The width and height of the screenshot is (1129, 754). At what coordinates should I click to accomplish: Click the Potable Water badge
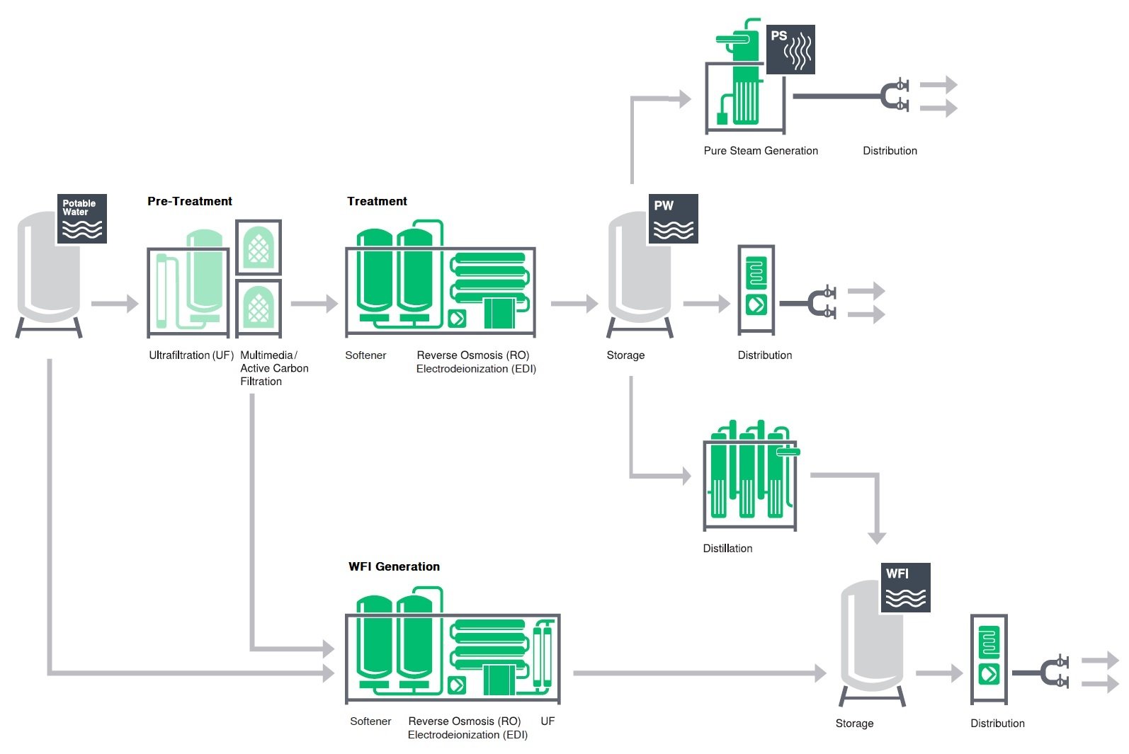pos(81,219)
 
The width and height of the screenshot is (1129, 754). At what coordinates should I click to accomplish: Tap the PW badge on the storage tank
pos(673,219)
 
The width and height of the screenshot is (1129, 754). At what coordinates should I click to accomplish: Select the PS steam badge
pos(791,50)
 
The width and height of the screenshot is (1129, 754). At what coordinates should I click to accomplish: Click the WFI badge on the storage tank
pos(905,588)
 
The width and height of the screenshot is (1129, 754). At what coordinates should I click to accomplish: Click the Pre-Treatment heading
pos(190,201)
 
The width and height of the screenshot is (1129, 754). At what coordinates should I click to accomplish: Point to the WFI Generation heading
pos(394,566)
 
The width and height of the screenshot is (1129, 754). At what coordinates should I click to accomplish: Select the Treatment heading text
pos(377,201)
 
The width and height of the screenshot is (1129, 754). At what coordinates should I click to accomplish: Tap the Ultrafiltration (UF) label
pos(191,355)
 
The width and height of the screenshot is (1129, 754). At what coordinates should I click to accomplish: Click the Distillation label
pos(727,548)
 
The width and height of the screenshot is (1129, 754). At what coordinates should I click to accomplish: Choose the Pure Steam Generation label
pos(761,150)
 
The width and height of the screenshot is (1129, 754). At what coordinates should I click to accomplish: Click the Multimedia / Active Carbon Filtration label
pos(274,368)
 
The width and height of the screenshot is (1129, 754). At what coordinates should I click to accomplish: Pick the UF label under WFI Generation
pos(548,721)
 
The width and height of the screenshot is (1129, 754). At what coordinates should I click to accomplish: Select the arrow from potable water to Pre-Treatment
pos(115,304)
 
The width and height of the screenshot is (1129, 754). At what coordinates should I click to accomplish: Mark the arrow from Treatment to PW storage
pos(574,304)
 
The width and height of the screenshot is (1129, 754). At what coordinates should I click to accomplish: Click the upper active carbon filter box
pos(259,247)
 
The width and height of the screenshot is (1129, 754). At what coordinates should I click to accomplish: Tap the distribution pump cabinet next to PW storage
pos(756,290)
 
